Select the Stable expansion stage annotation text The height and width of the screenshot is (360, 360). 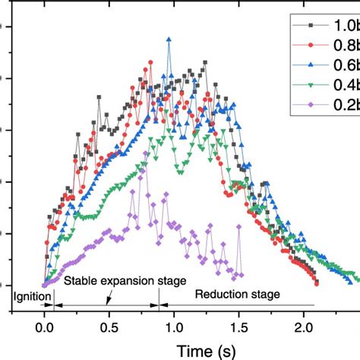pos(125,281)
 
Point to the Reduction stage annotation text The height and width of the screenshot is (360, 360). pos(237,294)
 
